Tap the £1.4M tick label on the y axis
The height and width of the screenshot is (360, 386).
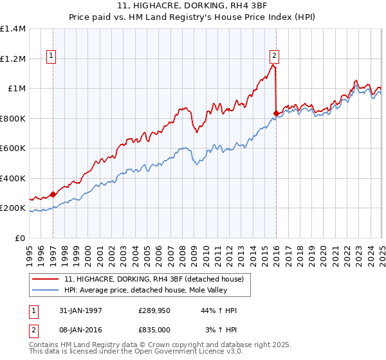click(x=13, y=29)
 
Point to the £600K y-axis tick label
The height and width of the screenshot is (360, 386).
click(x=13, y=148)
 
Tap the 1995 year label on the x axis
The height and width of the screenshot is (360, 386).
click(x=30, y=251)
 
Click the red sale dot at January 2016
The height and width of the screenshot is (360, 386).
click(x=276, y=113)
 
